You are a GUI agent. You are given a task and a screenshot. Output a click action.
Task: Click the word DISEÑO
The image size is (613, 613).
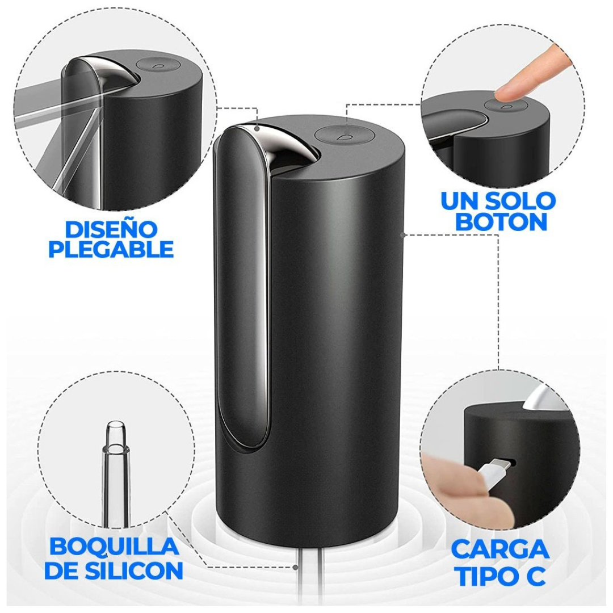tap(111, 229)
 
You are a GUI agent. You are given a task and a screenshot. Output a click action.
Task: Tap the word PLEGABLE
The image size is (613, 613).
tap(111, 250)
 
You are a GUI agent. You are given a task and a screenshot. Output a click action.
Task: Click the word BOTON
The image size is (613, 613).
tap(501, 221)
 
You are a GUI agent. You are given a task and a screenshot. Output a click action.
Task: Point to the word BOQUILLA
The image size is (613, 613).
tap(114, 546)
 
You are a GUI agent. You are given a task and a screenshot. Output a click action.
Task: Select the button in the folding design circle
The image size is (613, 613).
tap(154, 65)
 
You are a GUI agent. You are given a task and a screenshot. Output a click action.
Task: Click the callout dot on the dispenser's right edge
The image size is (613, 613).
tap(402, 233)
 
